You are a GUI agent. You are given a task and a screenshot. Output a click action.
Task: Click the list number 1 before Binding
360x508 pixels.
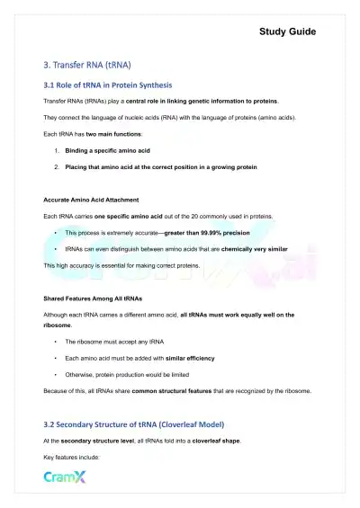57,153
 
